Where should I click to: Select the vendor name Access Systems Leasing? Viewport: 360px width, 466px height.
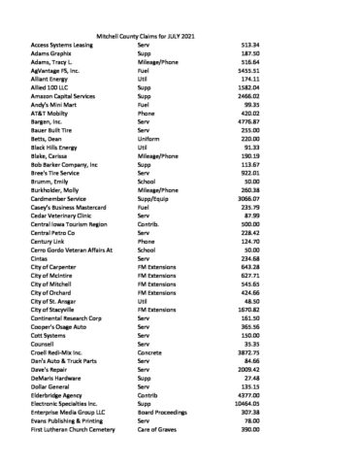click(65, 44)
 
